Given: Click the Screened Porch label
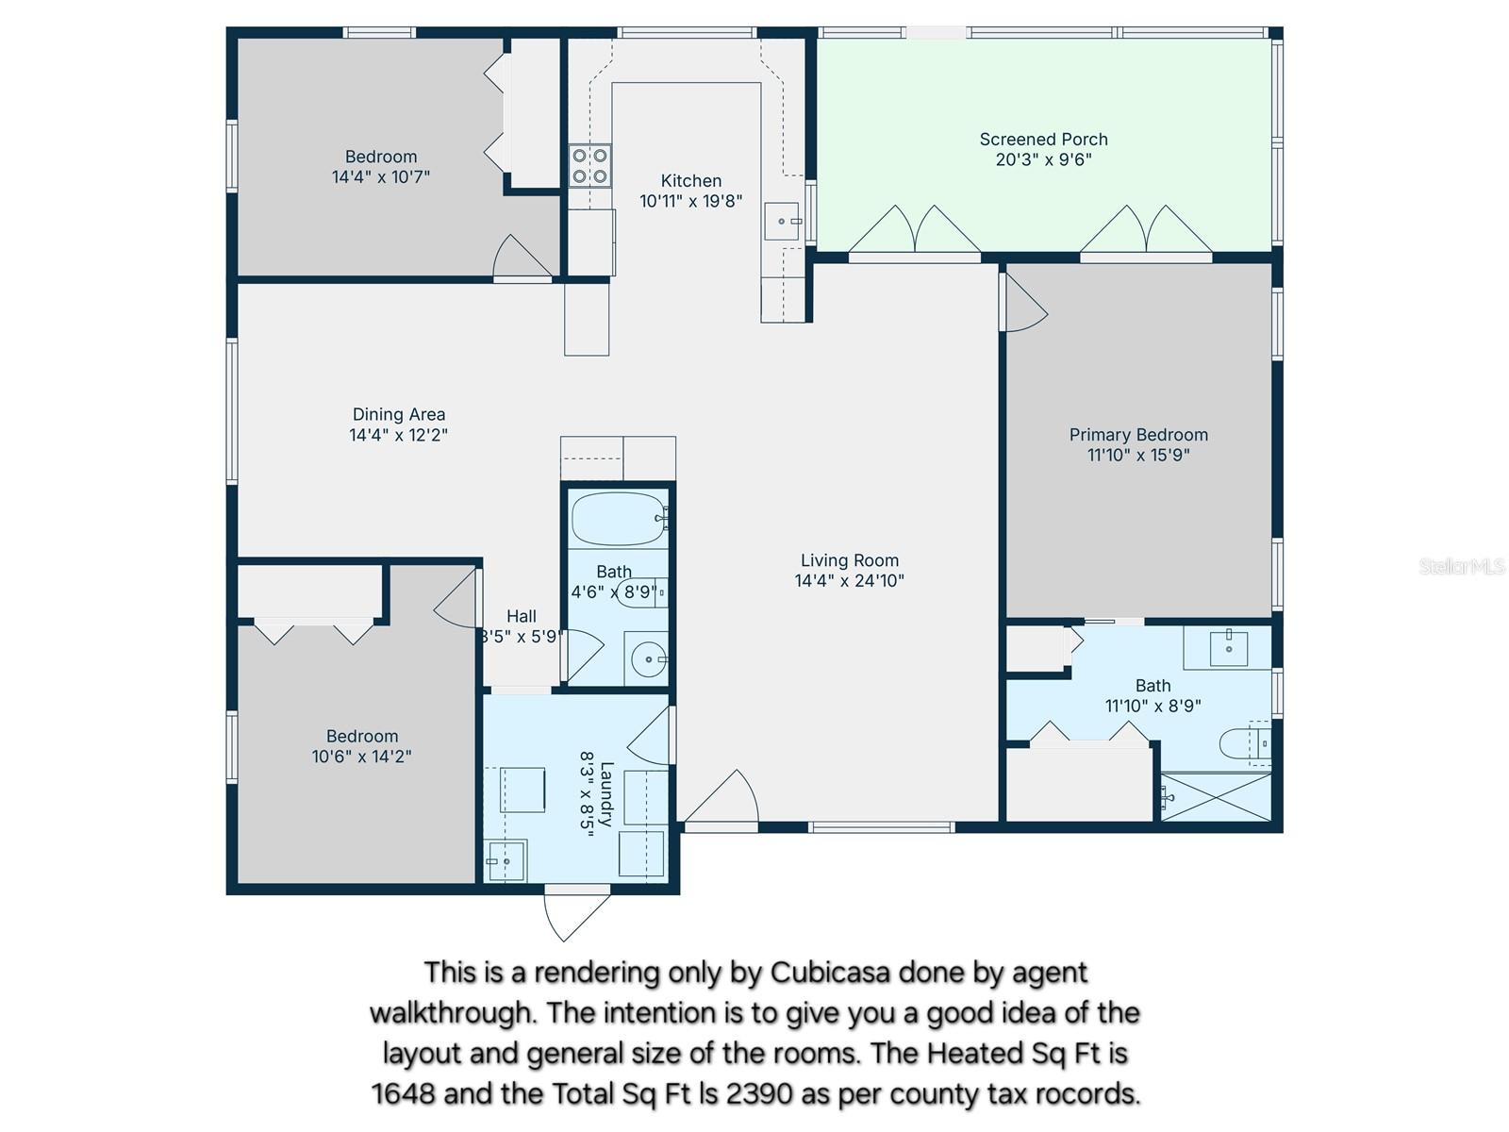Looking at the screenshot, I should coord(1043,140).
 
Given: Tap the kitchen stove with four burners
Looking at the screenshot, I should coord(589,166).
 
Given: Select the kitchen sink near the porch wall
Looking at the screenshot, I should coord(782,222).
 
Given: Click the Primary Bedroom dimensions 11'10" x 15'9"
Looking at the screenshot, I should coord(1138,455).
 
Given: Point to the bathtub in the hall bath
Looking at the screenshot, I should coord(618,519).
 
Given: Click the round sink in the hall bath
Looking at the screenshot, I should coord(648,659).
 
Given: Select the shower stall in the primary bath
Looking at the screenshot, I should coord(1216,797).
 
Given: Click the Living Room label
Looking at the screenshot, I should coord(849,560).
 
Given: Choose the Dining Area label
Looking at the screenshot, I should coord(398,414).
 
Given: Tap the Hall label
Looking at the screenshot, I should coord(521,616).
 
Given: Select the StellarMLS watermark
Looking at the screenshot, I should coord(1461,566).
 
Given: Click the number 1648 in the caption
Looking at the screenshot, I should coord(403,1093).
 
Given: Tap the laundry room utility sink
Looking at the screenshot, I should coord(506,860).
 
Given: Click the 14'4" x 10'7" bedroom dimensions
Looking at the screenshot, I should coord(380,176).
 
